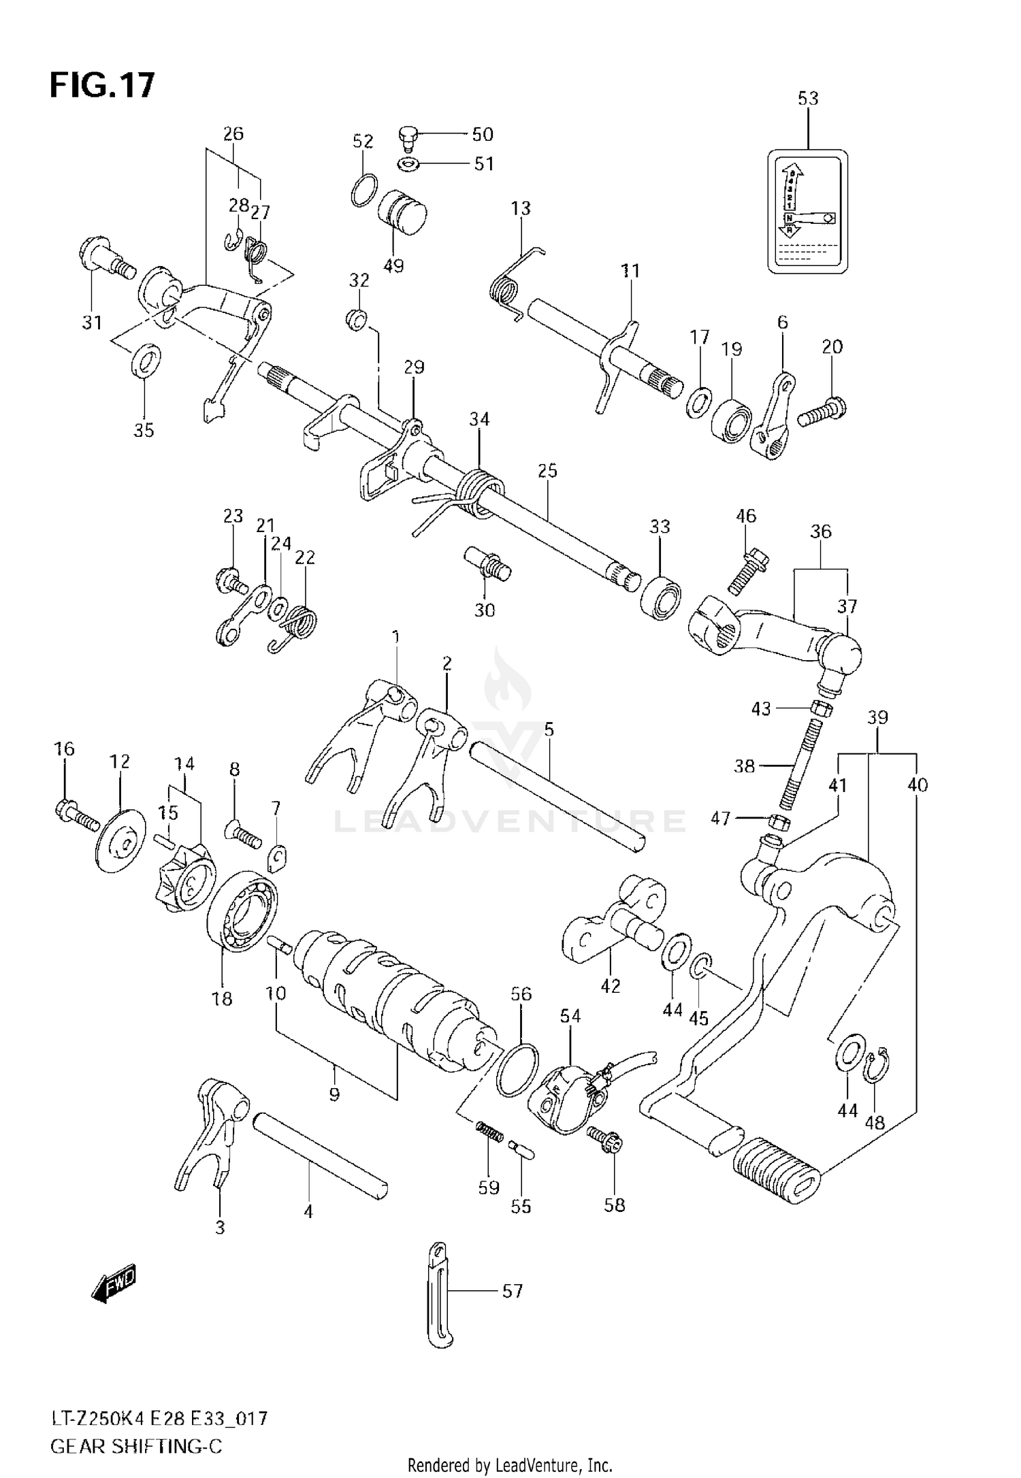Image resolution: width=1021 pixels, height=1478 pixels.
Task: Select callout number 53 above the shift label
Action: point(807,99)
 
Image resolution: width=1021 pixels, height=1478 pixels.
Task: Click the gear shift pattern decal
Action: point(807,212)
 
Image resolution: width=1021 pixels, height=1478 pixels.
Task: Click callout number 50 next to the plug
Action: point(482,135)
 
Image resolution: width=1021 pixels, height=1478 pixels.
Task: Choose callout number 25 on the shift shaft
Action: point(547,471)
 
